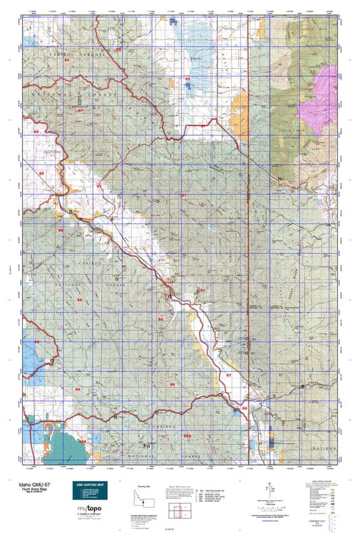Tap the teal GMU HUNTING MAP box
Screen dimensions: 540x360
coord(90,491)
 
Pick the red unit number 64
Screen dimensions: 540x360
coord(67,60)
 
